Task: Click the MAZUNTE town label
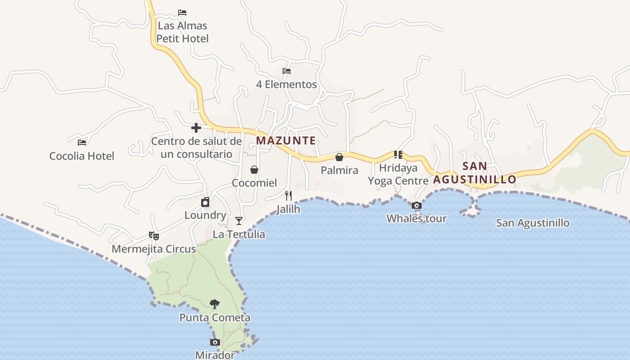286,140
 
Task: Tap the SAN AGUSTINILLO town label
475,173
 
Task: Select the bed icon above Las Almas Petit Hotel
182,12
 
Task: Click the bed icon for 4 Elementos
286,71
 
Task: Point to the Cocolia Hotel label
81,156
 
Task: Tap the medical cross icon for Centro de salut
196,128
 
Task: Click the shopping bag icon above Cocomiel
254,170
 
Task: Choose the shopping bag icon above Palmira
339,157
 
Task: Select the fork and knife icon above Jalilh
288,196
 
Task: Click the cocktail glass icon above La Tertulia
239,220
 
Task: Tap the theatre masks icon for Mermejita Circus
154,235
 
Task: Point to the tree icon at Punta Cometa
215,304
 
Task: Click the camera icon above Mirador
215,342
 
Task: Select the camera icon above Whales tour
417,206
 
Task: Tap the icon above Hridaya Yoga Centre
398,155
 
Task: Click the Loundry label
205,215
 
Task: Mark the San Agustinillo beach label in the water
532,223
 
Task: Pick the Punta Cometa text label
215,318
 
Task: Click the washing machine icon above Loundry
205,202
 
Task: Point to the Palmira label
339,171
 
